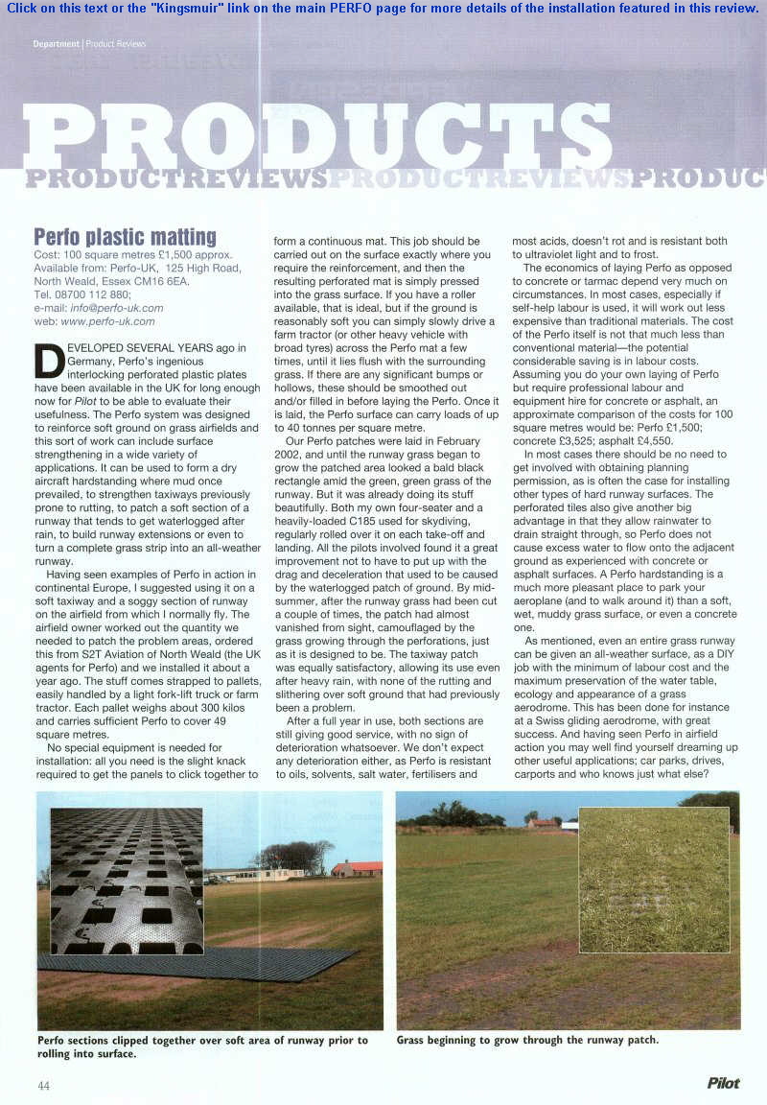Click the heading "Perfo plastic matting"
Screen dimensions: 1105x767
(125, 236)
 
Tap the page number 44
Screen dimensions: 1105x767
(43, 1085)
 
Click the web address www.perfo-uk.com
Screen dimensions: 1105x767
(107, 321)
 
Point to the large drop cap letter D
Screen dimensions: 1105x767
(49, 360)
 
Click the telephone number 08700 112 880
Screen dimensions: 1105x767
(91, 294)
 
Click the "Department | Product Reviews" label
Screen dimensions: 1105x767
(89, 44)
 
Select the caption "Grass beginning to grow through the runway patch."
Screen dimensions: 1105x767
(527, 1040)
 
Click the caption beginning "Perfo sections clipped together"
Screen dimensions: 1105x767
(201, 1046)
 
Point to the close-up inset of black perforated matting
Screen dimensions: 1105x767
(126, 881)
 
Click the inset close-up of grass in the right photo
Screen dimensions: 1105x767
(654, 880)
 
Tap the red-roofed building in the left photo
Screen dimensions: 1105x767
(357, 868)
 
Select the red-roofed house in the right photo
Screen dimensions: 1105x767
(544, 822)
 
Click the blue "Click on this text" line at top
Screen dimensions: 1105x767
(383, 8)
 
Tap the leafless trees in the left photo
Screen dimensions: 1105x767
(294, 854)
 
